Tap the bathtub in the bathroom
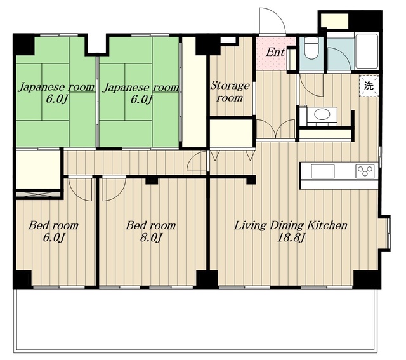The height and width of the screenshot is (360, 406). coord(367,51)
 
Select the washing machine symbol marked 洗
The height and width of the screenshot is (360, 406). coord(369,85)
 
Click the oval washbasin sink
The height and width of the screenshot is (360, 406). coord(322,114)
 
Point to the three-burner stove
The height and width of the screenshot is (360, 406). coord(365,171)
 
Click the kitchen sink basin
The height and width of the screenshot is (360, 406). coord(322,171)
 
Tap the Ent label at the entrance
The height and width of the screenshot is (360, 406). coord(275,52)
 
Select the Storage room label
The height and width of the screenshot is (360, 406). coord(230,91)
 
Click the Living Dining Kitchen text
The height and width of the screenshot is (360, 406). coord(291,225)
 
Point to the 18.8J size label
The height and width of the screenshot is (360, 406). coord(291,237)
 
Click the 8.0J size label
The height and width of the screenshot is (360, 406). coord(151,237)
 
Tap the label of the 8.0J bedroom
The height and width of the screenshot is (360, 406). coord(151,225)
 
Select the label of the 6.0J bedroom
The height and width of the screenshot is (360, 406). coord(53,225)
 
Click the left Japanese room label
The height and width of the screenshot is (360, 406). coord(56,88)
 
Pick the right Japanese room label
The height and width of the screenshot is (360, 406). coord(141,88)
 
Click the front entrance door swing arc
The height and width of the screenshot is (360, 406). coord(280,16)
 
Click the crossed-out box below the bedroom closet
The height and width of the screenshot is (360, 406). coord(38,194)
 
